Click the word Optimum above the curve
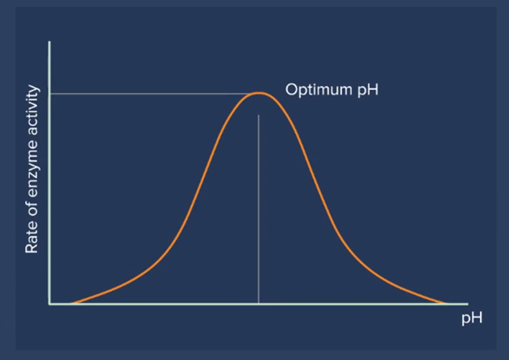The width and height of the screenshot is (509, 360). point(319,89)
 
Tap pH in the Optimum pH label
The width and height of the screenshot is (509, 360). point(368,90)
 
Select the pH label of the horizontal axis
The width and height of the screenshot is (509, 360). point(472,318)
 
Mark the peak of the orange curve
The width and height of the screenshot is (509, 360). point(258,93)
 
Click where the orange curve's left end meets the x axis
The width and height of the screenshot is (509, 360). point(72,304)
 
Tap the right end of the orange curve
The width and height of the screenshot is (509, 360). point(446,304)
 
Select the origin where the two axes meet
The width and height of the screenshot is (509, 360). point(49,304)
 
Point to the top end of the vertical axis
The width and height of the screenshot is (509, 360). point(49,41)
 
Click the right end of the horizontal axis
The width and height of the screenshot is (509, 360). point(468,304)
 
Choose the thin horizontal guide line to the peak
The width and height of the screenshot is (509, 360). point(151,94)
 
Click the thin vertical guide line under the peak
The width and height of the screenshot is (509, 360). point(258,209)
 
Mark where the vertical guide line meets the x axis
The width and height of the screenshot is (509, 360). point(258,304)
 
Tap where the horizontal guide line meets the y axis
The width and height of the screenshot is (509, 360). point(49,94)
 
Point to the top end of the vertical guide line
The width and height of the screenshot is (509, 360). point(258,115)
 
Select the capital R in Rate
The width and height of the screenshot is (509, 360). point(31,248)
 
